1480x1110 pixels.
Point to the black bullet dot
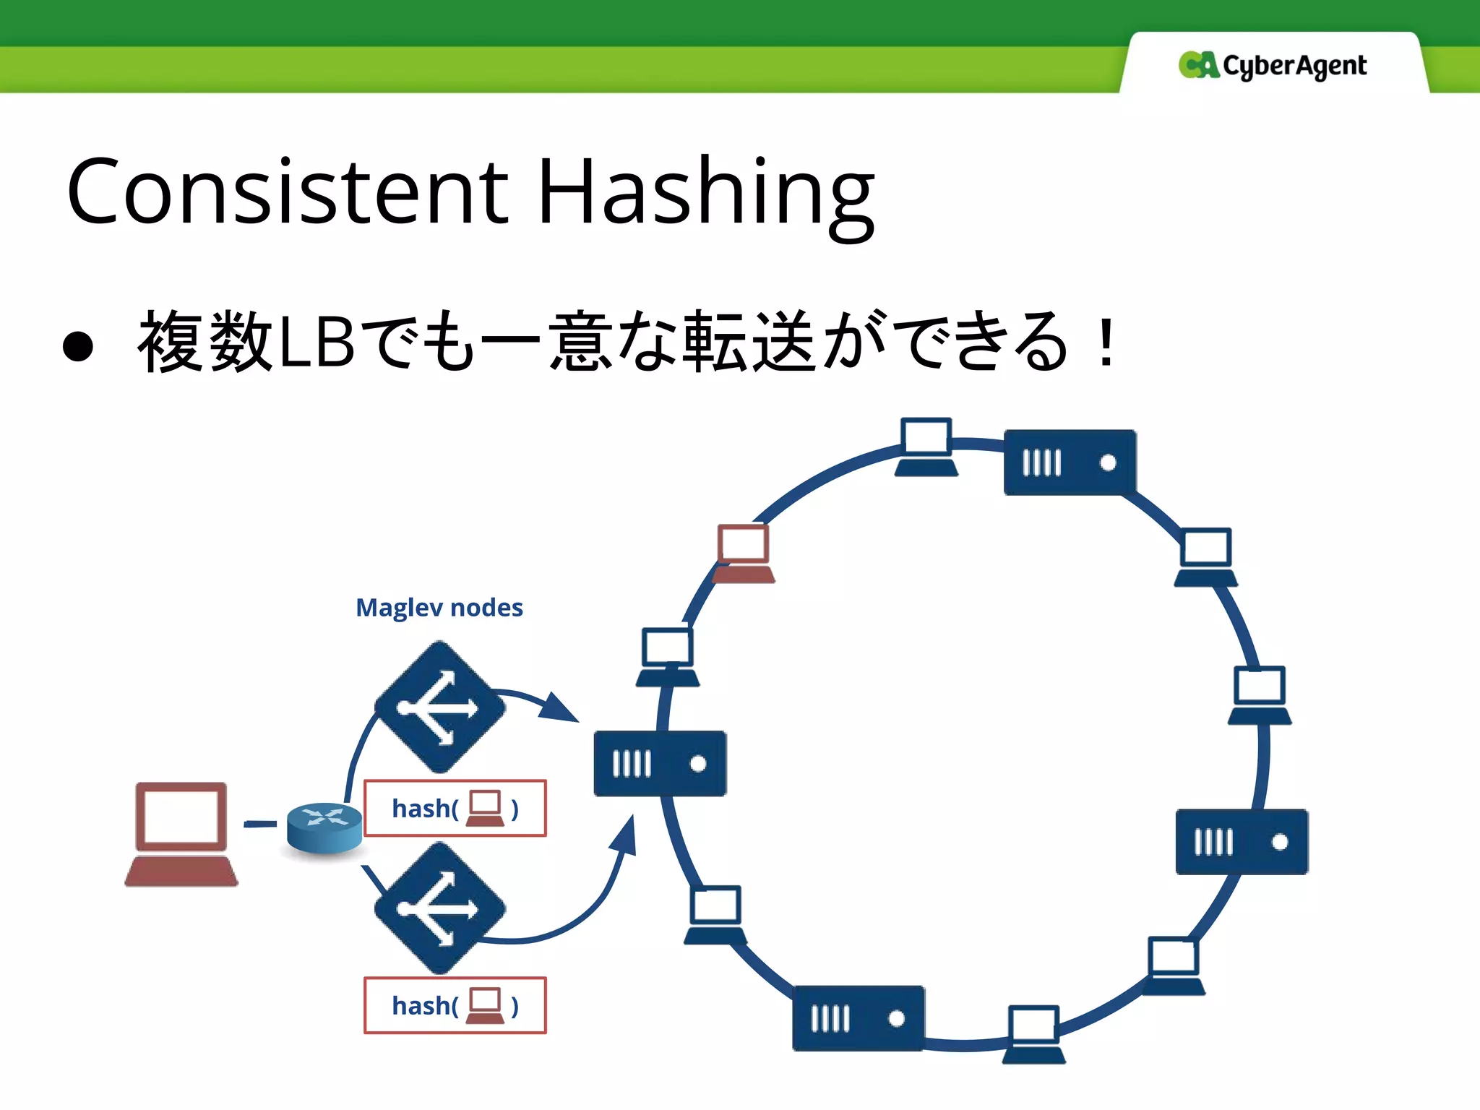[x=78, y=346]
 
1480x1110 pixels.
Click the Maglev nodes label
[x=439, y=608]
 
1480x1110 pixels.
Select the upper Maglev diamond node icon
[x=439, y=707]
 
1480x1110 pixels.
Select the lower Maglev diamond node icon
[x=439, y=908]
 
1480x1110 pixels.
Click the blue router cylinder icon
[x=324, y=827]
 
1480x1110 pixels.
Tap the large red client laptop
[x=181, y=834]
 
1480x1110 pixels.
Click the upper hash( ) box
[x=455, y=808]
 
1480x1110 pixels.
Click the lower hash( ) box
[x=455, y=1005]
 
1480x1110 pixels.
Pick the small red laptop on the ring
[x=744, y=554]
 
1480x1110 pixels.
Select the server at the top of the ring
[x=1070, y=462]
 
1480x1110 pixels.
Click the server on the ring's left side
[x=660, y=764]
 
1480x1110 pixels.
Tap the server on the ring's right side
[x=1241, y=842]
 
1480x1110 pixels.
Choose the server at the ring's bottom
[x=858, y=1018]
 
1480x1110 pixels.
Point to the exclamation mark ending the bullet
[x=1105, y=343]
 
